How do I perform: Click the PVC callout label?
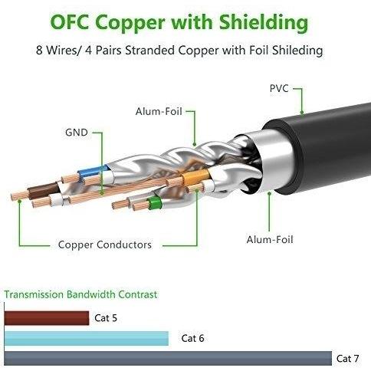[x=279, y=89]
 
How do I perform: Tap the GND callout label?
[x=77, y=133]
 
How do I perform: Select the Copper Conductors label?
[x=105, y=245]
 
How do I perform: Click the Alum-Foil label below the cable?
[x=270, y=240]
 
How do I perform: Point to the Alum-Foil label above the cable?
[x=159, y=111]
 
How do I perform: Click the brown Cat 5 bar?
[x=47, y=318]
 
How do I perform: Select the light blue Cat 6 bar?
[x=87, y=338]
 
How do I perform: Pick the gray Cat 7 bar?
[x=168, y=358]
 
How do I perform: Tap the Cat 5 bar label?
[x=106, y=318]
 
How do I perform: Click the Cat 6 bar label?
[x=192, y=338]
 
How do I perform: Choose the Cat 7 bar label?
[x=348, y=359]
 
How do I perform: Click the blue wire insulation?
[x=93, y=172]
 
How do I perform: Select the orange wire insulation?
[x=195, y=177]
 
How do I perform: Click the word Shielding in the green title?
[x=264, y=22]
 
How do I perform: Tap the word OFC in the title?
[x=70, y=22]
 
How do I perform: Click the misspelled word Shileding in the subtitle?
[x=297, y=50]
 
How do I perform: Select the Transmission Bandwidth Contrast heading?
[x=80, y=294]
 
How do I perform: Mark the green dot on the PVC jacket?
[x=302, y=112]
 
